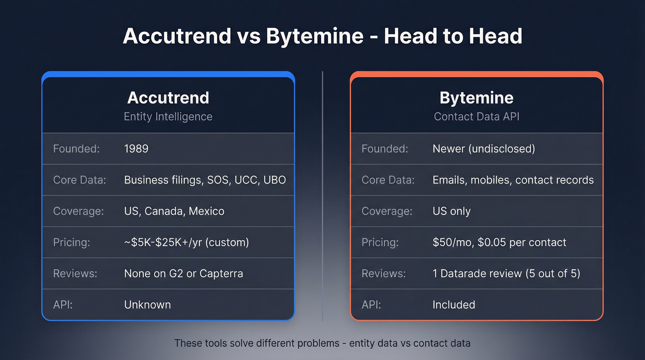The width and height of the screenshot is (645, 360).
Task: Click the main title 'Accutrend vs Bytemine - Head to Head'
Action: click(x=322, y=36)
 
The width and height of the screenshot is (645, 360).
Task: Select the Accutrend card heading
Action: click(x=168, y=98)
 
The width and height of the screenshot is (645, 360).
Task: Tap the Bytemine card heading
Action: click(x=476, y=98)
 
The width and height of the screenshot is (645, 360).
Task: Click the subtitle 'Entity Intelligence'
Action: click(x=168, y=117)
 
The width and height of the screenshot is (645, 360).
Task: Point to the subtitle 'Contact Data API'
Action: click(x=476, y=117)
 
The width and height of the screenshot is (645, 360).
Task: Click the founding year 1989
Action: click(x=136, y=149)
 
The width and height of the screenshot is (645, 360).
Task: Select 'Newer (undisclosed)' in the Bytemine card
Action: click(x=483, y=149)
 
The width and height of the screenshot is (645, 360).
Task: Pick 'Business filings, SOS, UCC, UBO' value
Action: click(x=205, y=180)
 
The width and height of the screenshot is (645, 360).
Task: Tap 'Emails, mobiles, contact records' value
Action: click(x=513, y=180)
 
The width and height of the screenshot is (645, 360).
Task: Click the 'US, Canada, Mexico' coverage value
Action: click(x=174, y=211)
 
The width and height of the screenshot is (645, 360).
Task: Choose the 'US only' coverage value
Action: click(x=451, y=211)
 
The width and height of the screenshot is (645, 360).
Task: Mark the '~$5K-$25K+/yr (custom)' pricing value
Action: click(x=186, y=242)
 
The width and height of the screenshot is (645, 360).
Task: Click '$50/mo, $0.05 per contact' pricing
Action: click(x=499, y=242)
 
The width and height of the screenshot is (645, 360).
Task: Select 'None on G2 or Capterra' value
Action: click(x=183, y=273)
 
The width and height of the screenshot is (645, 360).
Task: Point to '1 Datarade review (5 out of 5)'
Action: click(x=506, y=273)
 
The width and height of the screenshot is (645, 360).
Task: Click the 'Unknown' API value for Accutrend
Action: click(x=147, y=305)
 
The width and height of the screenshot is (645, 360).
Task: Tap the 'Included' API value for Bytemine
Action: click(x=453, y=305)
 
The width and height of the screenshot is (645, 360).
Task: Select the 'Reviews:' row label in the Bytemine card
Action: click(x=383, y=273)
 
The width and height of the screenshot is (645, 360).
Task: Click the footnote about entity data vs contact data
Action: click(x=322, y=343)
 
